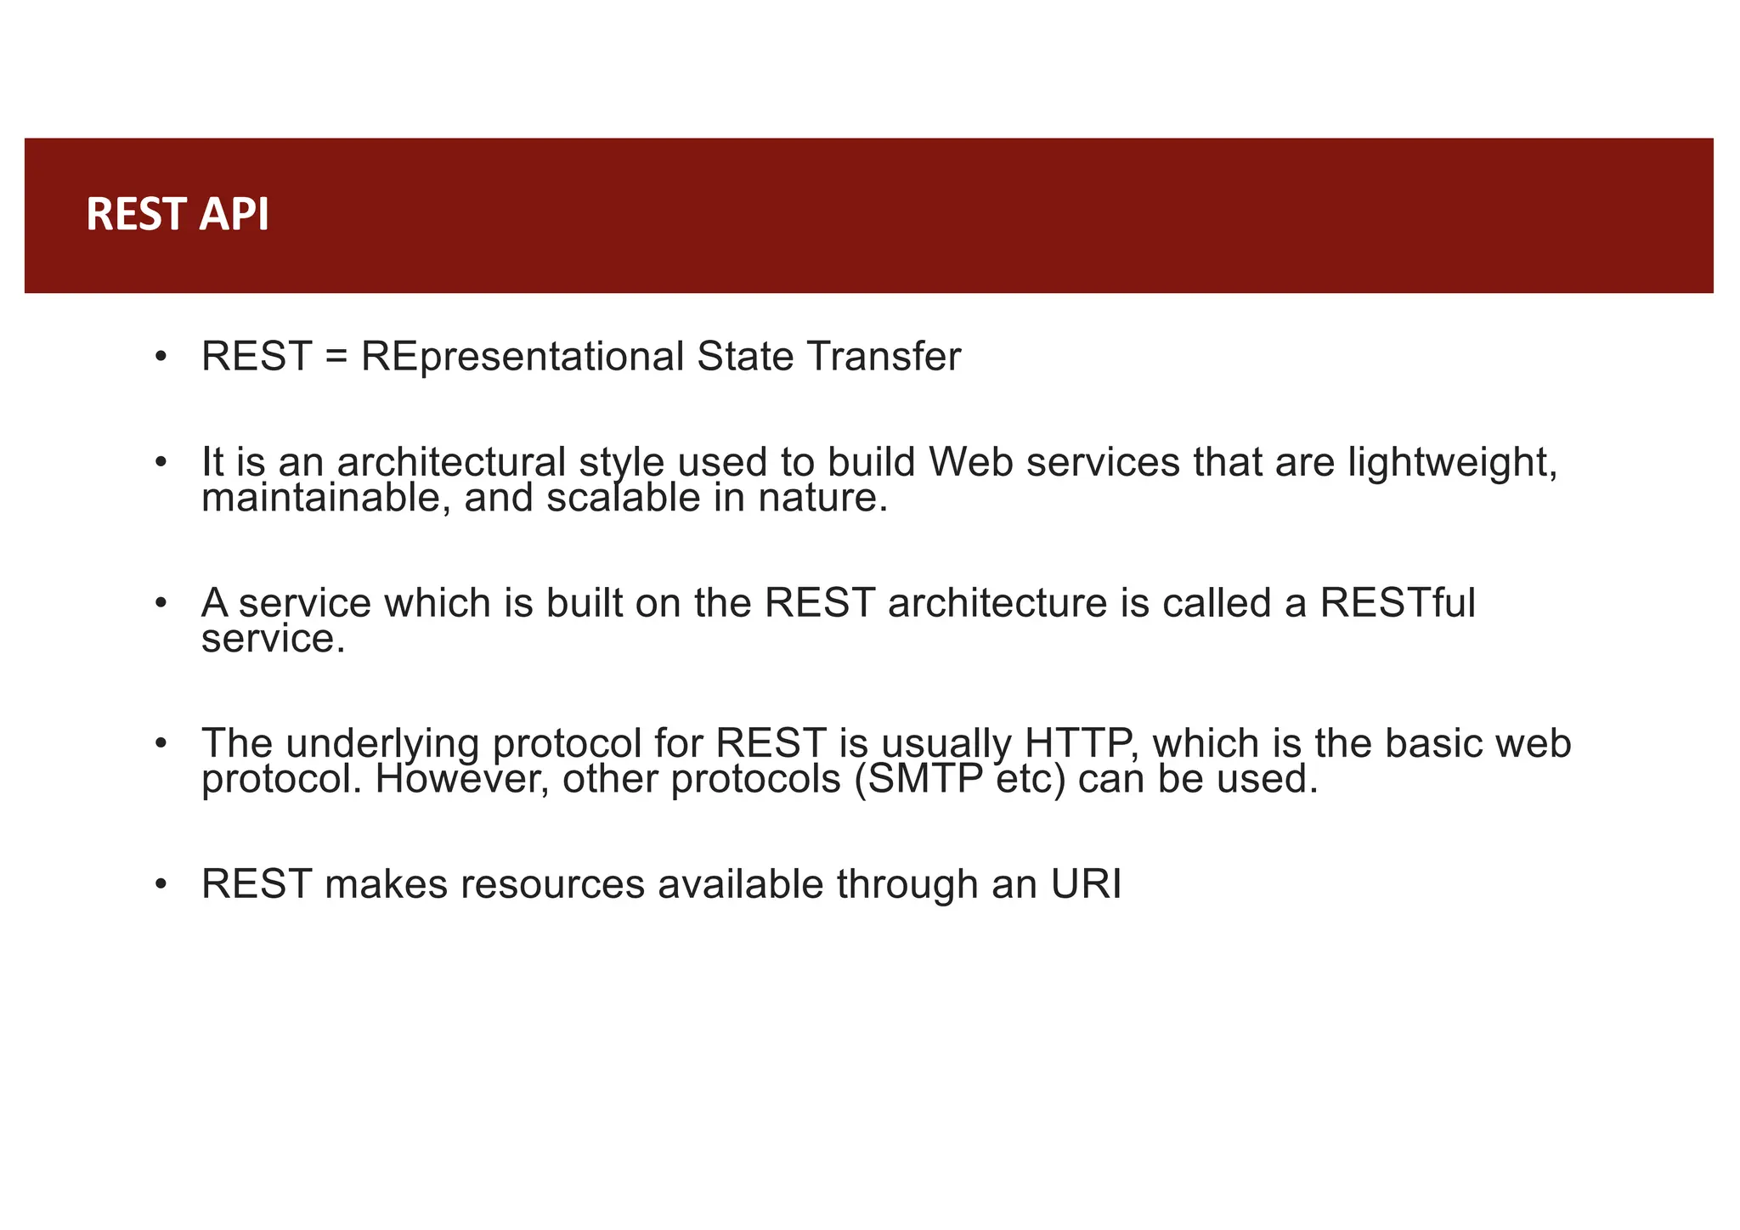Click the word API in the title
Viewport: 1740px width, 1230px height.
point(234,214)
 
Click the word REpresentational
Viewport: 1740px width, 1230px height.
point(522,356)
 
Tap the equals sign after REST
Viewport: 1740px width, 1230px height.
point(336,357)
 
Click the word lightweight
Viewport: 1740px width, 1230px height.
point(1452,464)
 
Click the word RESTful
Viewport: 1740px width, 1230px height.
point(1397,603)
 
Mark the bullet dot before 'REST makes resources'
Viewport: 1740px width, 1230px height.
point(161,884)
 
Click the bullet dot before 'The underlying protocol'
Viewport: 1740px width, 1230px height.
point(161,744)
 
